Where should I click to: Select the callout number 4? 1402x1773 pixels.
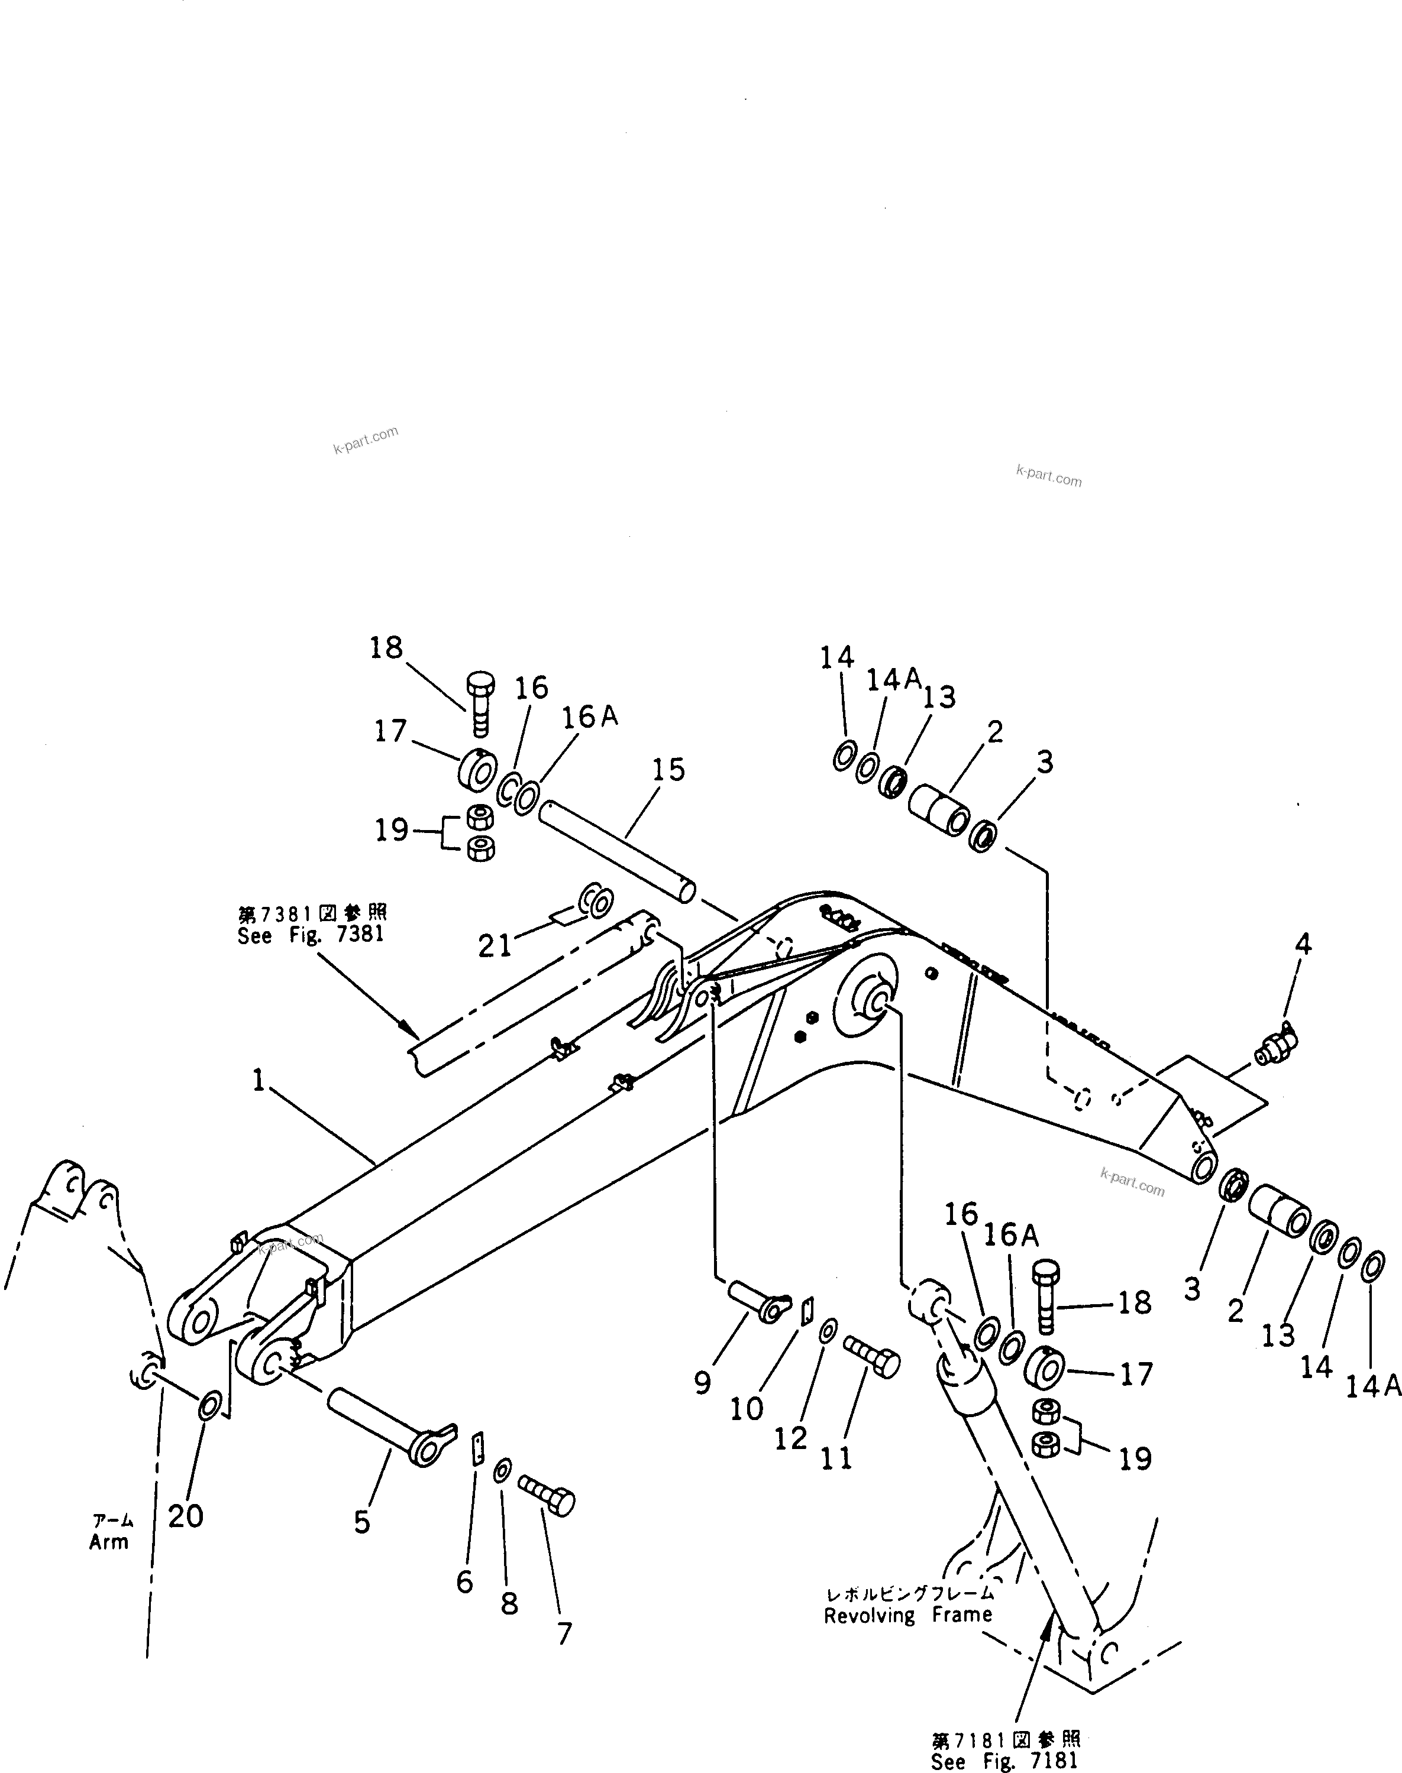point(1303,944)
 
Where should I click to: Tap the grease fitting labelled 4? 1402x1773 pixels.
point(1275,1046)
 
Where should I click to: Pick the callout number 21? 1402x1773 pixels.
point(495,946)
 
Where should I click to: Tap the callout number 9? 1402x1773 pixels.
point(703,1383)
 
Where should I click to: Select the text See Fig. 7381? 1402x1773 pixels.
point(311,935)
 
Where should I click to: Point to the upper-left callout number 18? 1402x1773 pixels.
point(386,647)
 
